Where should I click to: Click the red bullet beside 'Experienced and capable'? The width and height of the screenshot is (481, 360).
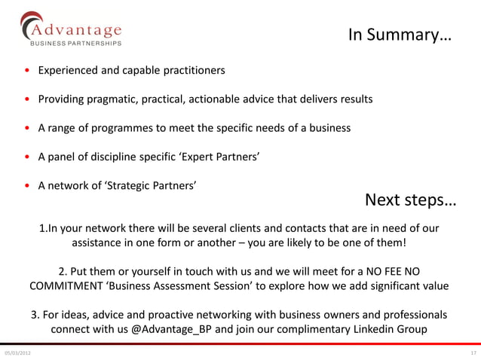(x=27, y=72)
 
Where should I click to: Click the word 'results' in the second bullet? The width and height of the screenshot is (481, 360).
(x=354, y=99)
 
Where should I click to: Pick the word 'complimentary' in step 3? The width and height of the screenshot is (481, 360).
(x=305, y=329)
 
